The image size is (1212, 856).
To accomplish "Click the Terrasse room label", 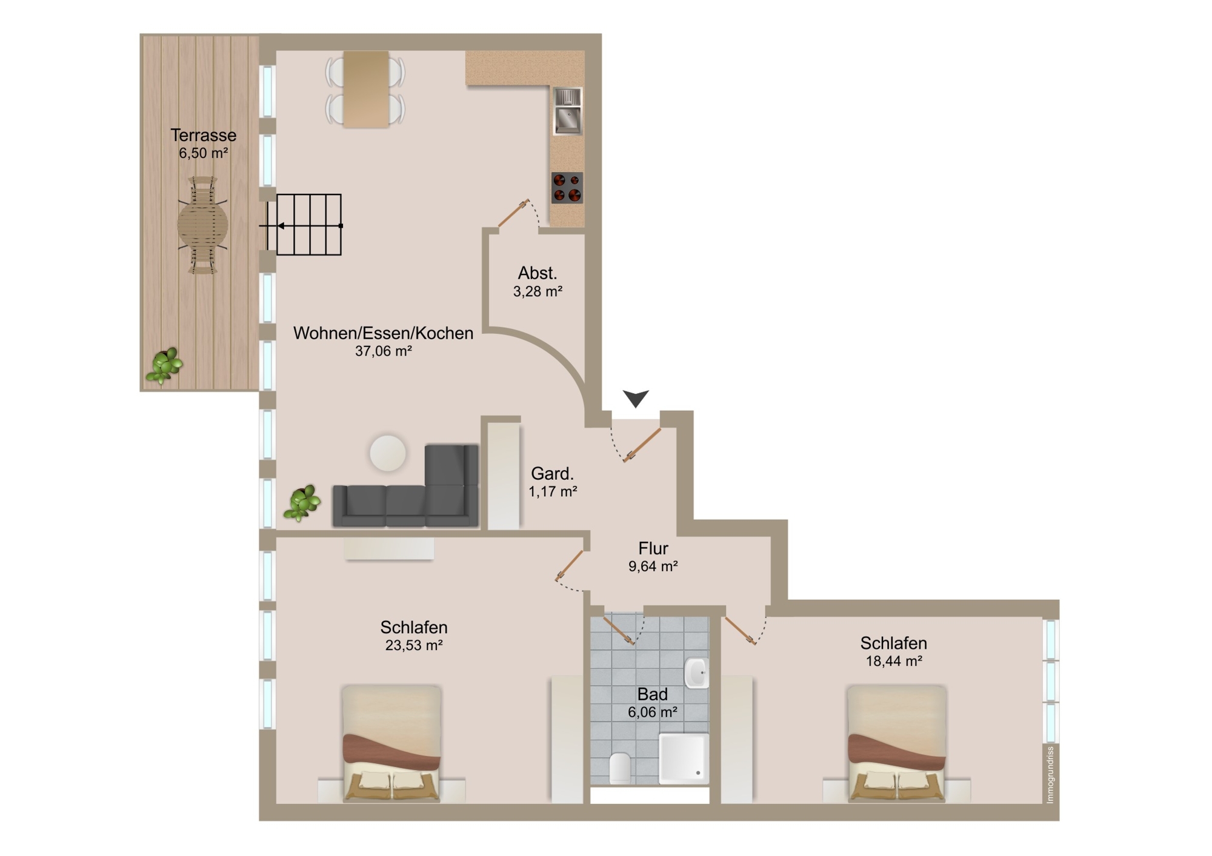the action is pyautogui.click(x=203, y=135).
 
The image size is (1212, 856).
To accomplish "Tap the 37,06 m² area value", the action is pyautogui.click(x=384, y=351).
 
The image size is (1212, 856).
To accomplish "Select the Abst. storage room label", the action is pyautogui.click(x=538, y=273).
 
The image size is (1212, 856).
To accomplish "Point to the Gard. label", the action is pyautogui.click(x=552, y=474).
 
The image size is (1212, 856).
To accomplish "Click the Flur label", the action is pyautogui.click(x=653, y=548).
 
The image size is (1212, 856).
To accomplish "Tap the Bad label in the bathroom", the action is pyautogui.click(x=653, y=694).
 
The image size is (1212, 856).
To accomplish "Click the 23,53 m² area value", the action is pyautogui.click(x=414, y=645).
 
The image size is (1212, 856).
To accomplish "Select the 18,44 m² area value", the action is pyautogui.click(x=894, y=661).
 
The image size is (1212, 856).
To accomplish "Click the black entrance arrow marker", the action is pyautogui.click(x=636, y=398).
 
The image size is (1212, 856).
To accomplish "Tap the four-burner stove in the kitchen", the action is pyautogui.click(x=567, y=188).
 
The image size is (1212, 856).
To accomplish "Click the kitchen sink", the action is pyautogui.click(x=568, y=111).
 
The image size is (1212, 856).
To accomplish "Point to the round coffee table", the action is pyautogui.click(x=388, y=453).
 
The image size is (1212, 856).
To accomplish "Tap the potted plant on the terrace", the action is pyautogui.click(x=164, y=366).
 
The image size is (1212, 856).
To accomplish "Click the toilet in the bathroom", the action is pyautogui.click(x=620, y=768).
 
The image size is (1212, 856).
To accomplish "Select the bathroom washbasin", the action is pyautogui.click(x=697, y=672).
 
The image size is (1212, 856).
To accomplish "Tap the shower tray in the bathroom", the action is pyautogui.click(x=684, y=759).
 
